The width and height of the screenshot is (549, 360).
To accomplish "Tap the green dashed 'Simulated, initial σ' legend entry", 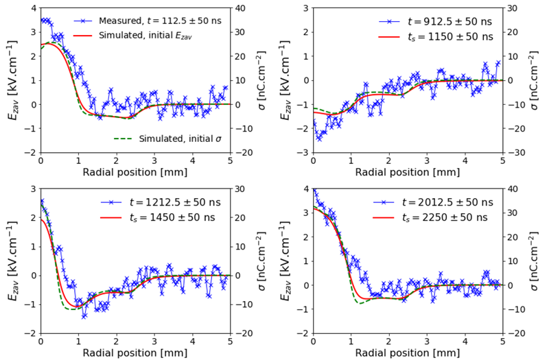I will (x=169, y=139).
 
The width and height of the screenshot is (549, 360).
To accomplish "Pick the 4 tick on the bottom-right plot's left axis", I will (x=305, y=190).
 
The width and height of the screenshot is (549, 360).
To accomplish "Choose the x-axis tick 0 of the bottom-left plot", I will (x=40, y=342).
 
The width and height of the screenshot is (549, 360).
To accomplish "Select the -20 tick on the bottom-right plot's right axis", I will (x=512, y=333).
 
